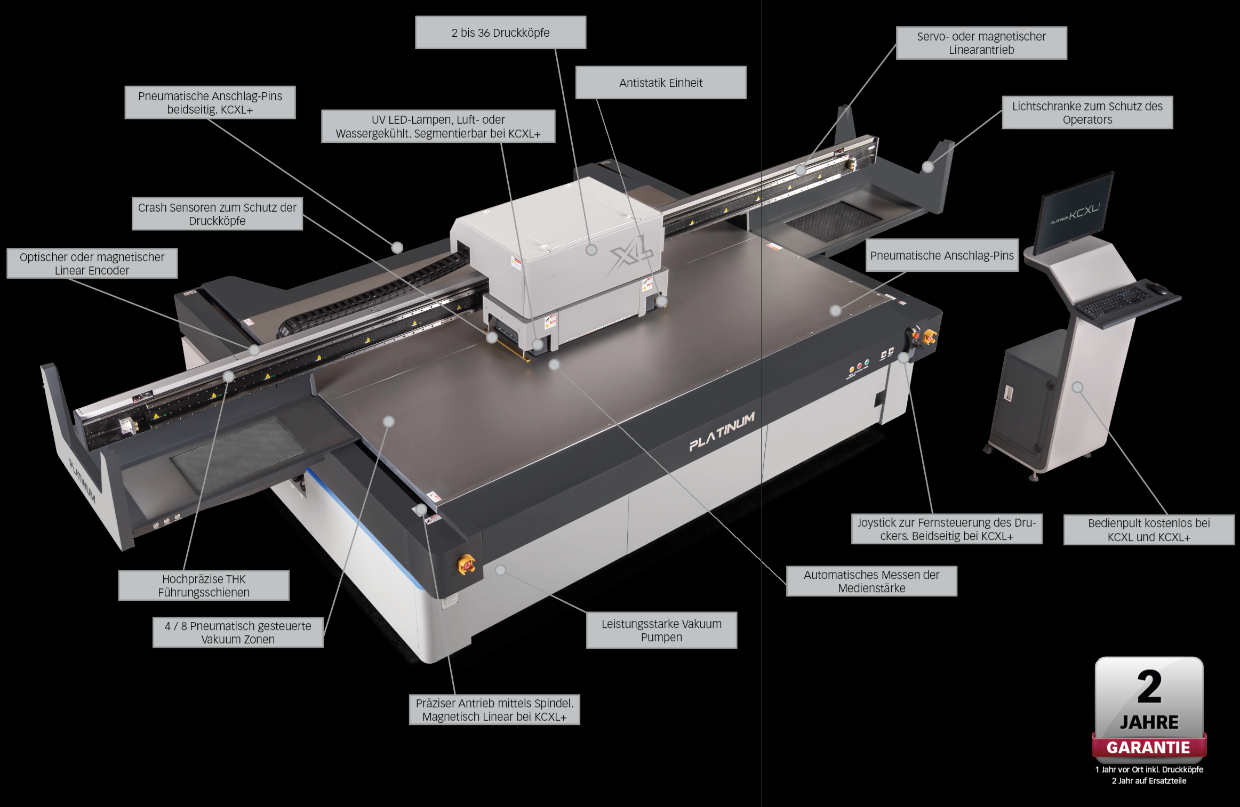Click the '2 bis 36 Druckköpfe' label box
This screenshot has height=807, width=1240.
click(500, 33)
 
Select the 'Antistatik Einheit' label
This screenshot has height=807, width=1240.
click(661, 83)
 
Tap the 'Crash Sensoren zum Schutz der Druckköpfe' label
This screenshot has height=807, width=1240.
click(217, 214)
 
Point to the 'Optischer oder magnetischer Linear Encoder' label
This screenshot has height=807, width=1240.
click(92, 263)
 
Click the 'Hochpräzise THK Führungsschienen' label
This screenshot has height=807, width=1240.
click(204, 585)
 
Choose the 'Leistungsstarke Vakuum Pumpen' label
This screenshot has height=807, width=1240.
click(661, 630)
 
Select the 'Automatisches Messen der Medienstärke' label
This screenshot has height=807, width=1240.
click(871, 581)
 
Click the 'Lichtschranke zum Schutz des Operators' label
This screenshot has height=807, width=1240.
click(1087, 112)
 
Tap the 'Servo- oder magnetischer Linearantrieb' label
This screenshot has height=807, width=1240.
click(981, 43)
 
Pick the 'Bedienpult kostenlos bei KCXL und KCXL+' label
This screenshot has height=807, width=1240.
click(1149, 529)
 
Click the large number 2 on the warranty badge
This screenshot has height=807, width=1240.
click(1149, 688)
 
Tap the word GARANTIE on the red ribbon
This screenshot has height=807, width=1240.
click(1148, 748)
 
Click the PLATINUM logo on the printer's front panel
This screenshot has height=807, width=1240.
click(722, 432)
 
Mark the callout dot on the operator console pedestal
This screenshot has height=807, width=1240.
click(1078, 387)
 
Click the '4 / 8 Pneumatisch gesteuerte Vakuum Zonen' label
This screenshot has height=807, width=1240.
click(238, 632)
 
